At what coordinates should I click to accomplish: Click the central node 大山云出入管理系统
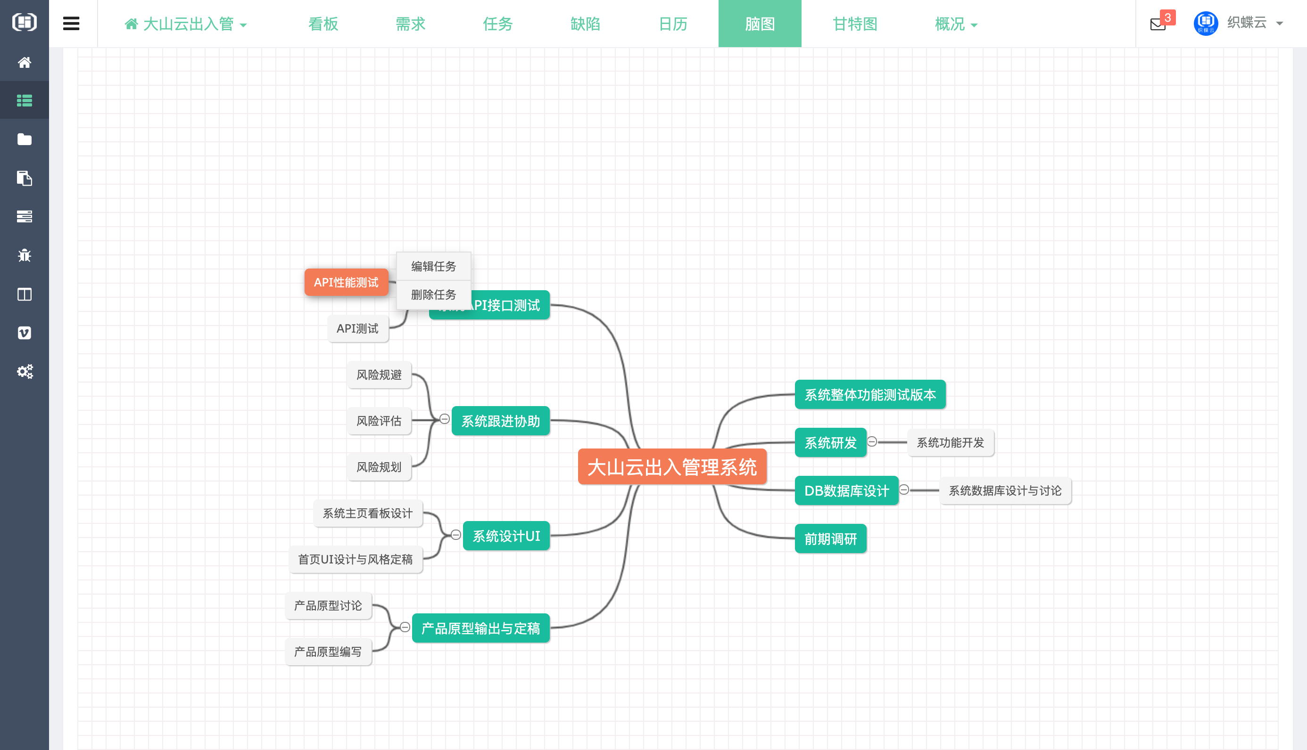click(x=671, y=467)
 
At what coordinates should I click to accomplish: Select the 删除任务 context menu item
click(x=433, y=294)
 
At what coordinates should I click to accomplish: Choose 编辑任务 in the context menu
click(x=433, y=266)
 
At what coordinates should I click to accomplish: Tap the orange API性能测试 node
click(x=346, y=282)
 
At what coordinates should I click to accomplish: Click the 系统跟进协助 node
click(x=500, y=421)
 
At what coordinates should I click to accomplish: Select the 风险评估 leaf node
click(x=379, y=421)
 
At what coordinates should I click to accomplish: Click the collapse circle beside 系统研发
click(x=872, y=441)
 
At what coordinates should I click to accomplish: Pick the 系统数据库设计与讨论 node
click(x=1004, y=491)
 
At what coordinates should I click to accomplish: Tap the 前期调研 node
click(x=830, y=539)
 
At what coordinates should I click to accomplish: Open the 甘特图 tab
click(x=854, y=24)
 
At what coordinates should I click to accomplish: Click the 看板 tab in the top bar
click(x=323, y=24)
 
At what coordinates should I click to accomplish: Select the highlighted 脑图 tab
click(x=760, y=24)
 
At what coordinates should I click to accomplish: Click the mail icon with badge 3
click(x=1158, y=24)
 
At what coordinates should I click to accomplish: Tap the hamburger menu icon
click(x=71, y=24)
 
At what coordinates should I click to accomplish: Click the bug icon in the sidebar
click(x=24, y=255)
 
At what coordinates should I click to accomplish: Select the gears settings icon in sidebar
click(x=24, y=371)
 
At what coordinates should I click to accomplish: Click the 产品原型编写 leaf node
click(x=328, y=652)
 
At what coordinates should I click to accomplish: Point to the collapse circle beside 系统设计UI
click(x=455, y=535)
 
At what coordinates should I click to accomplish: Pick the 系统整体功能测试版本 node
click(x=870, y=395)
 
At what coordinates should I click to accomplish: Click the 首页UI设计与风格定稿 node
click(x=355, y=559)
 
